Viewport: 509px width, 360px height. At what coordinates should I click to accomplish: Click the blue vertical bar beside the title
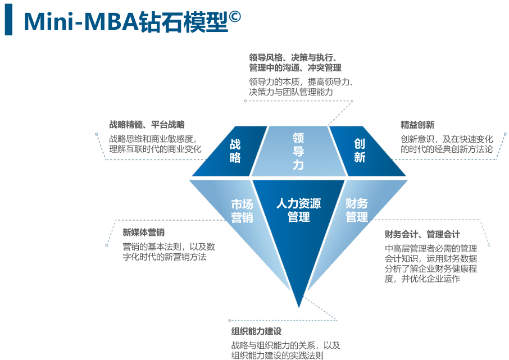pos(8,20)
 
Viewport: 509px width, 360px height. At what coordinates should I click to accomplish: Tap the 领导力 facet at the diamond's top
pos(298,151)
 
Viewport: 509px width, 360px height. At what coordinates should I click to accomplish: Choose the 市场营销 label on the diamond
pos(242,211)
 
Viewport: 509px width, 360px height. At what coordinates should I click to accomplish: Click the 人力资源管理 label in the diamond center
pos(298,210)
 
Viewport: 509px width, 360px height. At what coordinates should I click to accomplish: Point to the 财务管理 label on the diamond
pos(357,210)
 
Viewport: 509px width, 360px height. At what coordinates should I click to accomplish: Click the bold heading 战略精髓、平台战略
pos(147,125)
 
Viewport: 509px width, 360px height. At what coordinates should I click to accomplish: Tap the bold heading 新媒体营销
pos(144,233)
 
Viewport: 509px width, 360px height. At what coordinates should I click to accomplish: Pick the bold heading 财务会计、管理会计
pos(422,234)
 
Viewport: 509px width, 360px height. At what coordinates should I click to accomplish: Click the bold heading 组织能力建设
pos(256,331)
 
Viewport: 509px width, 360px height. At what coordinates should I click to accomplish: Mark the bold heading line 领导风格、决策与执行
pos(292,57)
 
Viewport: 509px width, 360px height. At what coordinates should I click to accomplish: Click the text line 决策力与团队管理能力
pos(291,92)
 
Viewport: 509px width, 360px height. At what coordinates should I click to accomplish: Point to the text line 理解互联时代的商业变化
pos(155,149)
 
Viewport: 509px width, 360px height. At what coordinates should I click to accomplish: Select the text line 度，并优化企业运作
pos(422,279)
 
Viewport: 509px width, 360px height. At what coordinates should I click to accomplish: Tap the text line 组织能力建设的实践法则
pos(278,355)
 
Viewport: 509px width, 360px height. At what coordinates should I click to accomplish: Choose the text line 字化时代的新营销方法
pos(165,257)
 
